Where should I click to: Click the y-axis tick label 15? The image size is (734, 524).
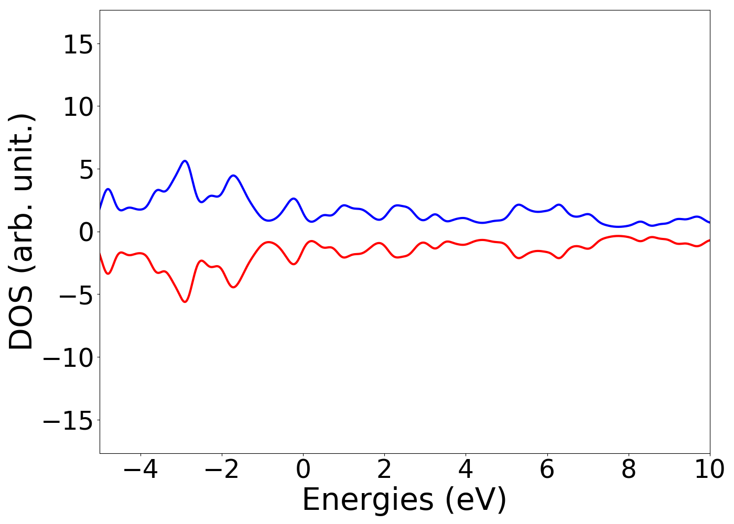[x=78, y=45]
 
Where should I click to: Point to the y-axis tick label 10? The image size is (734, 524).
[x=78, y=107]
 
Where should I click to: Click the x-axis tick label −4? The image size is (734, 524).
[x=140, y=470]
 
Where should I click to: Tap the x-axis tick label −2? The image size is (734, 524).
[x=221, y=470]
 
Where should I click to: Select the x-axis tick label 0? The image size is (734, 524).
[x=303, y=470]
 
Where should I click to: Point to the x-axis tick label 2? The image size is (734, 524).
[x=384, y=470]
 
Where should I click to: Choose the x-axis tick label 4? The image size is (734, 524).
[x=466, y=470]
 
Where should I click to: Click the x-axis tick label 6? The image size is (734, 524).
[x=547, y=470]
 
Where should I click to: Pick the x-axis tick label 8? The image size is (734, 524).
[x=628, y=470]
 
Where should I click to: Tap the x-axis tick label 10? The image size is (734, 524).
[x=709, y=470]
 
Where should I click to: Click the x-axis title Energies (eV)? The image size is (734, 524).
[x=404, y=499]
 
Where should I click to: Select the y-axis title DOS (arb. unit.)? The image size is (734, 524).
[x=22, y=232]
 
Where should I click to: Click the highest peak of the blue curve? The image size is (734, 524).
[x=185, y=161]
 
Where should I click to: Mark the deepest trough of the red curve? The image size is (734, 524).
[x=185, y=302]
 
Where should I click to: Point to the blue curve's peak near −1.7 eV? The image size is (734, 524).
[x=233, y=176]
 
